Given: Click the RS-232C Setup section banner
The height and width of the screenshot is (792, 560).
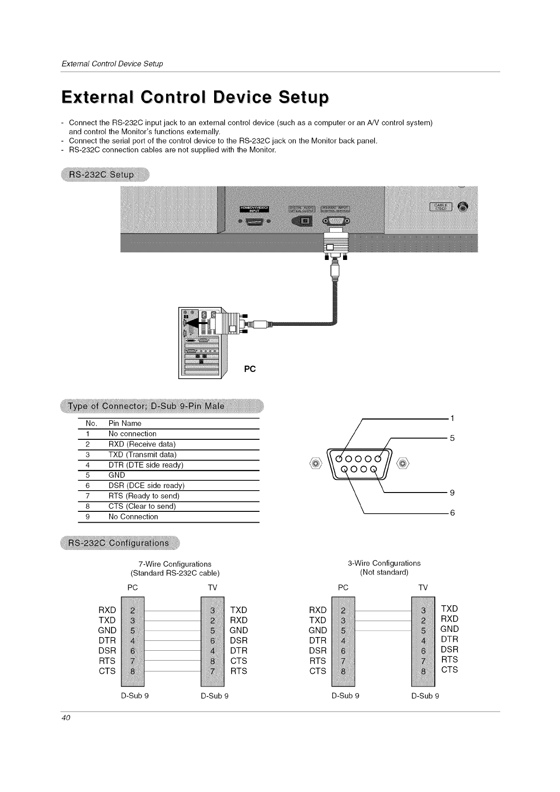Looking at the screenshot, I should [x=102, y=175].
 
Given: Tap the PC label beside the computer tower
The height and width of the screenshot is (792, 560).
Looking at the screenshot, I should [x=249, y=369].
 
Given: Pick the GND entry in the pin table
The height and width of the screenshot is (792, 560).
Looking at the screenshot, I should [x=117, y=475].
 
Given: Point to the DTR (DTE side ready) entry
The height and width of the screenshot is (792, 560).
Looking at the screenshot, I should [x=145, y=465].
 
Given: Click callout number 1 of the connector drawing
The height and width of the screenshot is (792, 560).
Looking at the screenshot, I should [x=452, y=418].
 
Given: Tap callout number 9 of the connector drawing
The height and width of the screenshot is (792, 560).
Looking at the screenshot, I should [x=452, y=493].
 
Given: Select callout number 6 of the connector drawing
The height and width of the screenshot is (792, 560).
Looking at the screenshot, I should [x=452, y=512].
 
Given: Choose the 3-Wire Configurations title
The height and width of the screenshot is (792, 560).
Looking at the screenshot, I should [x=384, y=563].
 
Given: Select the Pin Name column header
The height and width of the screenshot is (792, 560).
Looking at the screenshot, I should [x=125, y=423].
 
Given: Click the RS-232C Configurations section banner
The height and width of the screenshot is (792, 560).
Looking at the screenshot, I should [x=119, y=543].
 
